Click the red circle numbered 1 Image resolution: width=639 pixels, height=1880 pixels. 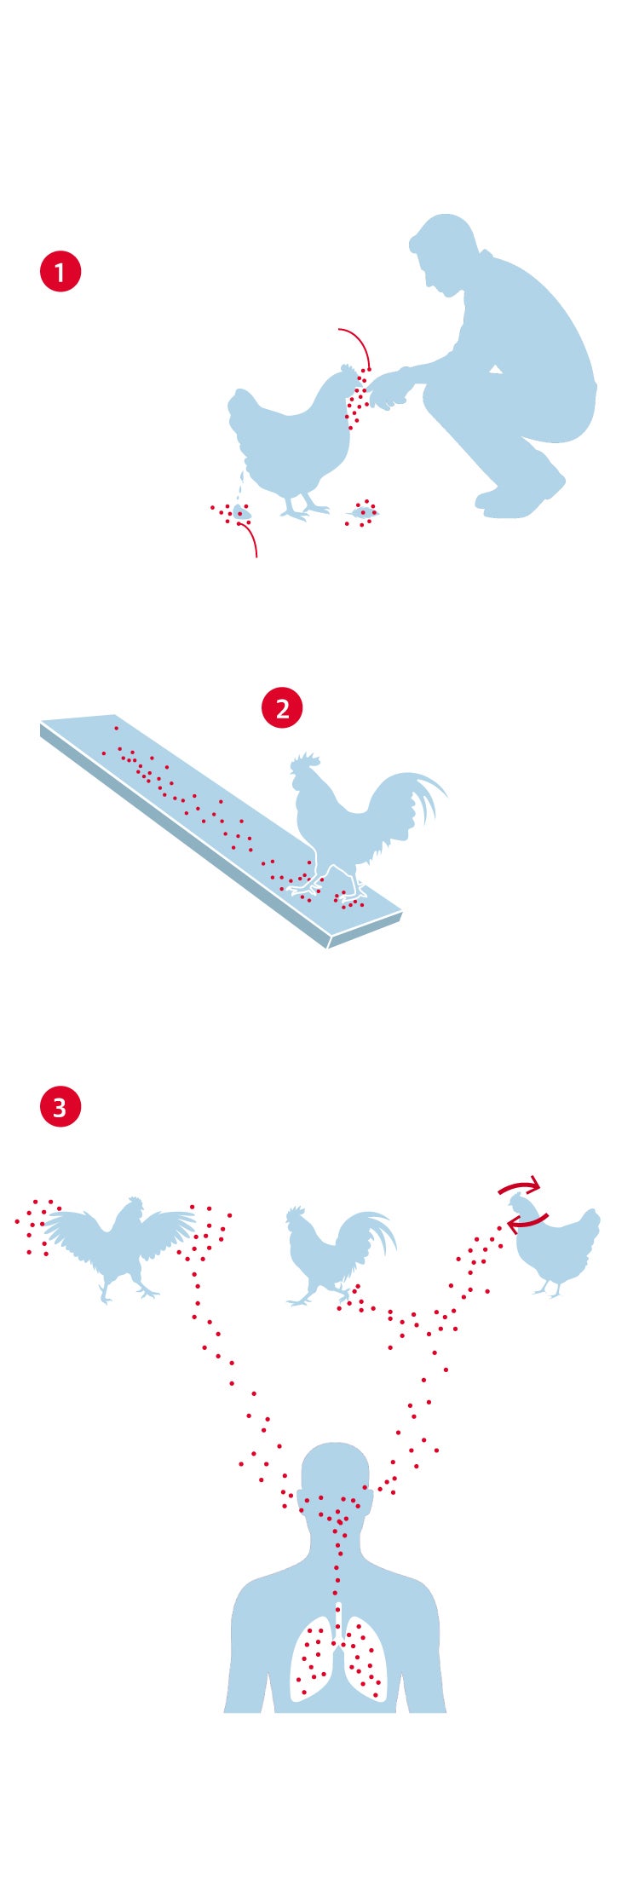60,272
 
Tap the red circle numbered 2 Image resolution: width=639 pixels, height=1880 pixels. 282,708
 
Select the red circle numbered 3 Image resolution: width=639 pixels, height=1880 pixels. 60,1107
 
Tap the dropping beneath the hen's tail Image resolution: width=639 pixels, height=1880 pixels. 241,512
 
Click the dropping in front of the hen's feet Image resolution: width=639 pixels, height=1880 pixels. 364,512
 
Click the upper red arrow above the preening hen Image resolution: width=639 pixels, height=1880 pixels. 521,1184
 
